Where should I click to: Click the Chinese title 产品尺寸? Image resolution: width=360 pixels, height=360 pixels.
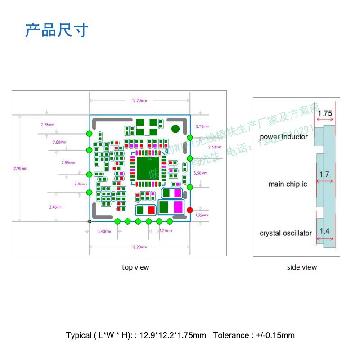coord(56,30)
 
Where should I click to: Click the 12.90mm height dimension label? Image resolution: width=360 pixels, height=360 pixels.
coord(20,169)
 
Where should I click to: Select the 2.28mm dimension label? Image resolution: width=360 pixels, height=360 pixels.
coord(47,125)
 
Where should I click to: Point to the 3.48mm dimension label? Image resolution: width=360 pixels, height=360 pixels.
coord(55,207)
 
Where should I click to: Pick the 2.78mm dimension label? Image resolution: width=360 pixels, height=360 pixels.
coord(203,126)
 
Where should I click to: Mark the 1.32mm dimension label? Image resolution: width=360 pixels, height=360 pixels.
coord(202,216)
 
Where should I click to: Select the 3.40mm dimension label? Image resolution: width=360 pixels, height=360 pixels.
coord(104,231)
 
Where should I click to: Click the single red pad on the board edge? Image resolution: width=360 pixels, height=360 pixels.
coord(189,210)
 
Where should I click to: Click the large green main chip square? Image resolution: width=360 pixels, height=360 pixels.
coord(147,168)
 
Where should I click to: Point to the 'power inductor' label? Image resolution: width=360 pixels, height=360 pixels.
coord(283,137)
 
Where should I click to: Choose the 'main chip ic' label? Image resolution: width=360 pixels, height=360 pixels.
coord(288,184)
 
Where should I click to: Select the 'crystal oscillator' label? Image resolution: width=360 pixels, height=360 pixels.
coord(286,233)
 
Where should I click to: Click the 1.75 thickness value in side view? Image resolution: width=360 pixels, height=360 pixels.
coord(325,114)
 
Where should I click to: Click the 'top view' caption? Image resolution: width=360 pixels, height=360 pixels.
coord(135,267)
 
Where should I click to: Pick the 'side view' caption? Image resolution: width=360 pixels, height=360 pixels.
coord(302,267)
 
